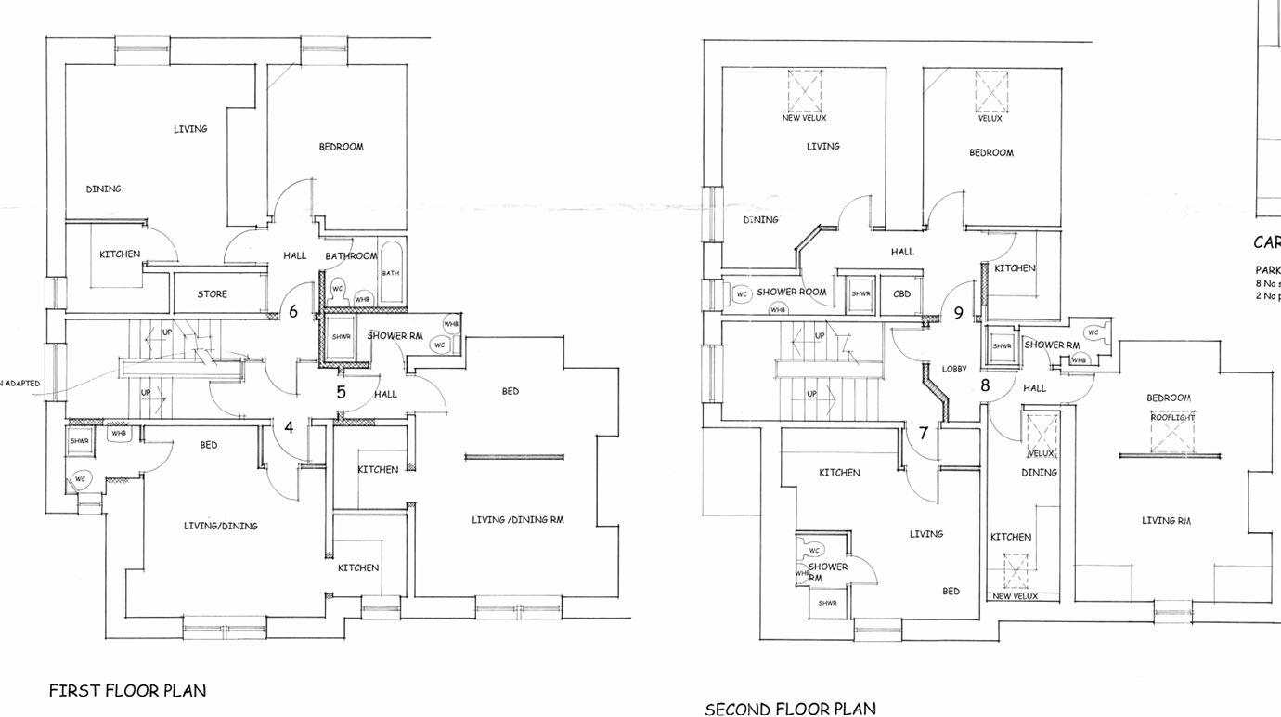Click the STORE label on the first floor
212,294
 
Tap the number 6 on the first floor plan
293,312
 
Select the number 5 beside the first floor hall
341,392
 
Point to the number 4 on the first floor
290,427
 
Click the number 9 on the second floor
959,314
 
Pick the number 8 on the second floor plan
985,385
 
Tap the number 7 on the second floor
924,433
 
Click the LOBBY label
954,369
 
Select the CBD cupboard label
901,294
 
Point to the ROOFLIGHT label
1172,418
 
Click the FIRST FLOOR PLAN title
127,691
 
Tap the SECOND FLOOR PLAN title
790,709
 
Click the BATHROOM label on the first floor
351,256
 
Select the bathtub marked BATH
391,274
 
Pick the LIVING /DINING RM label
517,520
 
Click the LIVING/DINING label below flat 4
220,526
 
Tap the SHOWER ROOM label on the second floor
791,292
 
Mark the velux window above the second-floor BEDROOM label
990,91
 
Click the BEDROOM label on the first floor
341,147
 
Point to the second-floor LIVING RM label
1166,521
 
